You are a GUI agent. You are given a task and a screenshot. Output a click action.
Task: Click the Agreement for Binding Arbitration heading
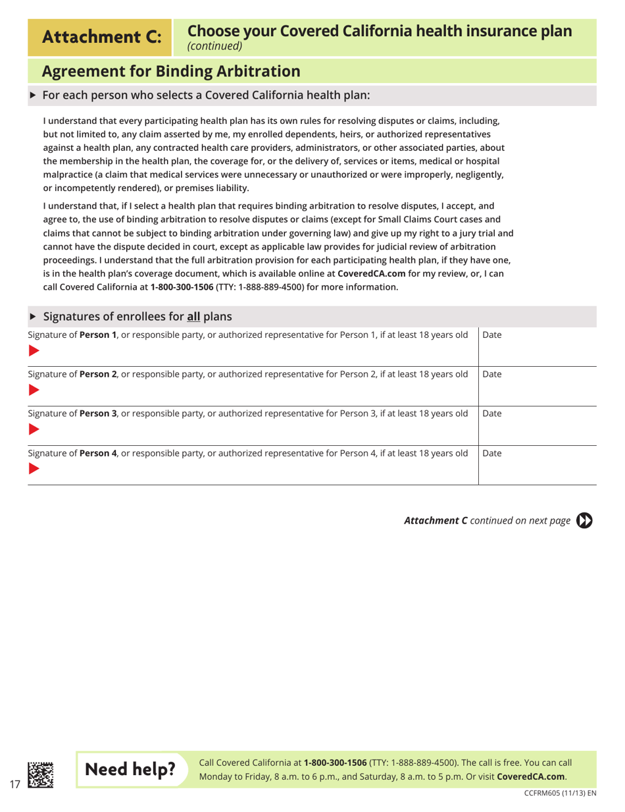171,70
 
